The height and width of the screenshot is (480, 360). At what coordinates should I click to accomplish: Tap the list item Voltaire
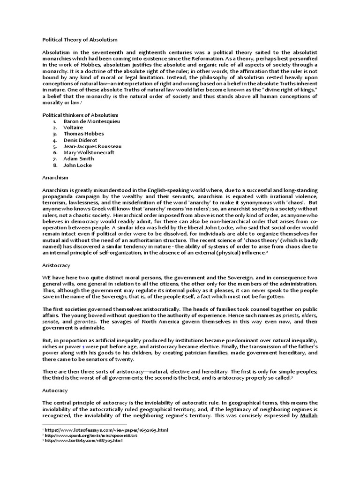point(73,127)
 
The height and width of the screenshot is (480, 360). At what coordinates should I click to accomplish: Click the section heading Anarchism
point(55,178)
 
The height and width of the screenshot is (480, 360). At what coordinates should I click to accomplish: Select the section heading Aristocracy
point(56,265)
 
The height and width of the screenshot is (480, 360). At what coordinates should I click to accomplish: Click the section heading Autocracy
point(55,390)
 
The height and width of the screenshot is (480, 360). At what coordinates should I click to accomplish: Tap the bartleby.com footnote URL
point(84,441)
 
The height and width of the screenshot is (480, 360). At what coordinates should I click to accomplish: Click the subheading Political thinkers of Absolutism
point(80,115)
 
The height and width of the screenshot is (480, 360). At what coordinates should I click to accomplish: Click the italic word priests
point(291,316)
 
